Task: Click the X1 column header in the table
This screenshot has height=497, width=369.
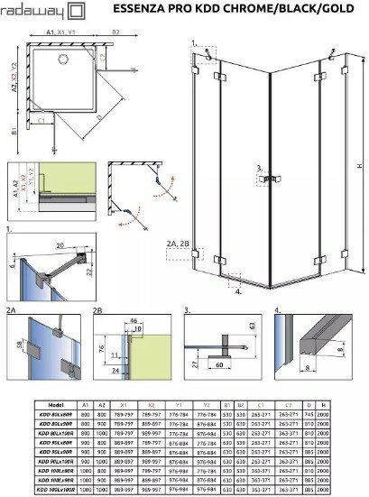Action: click(124, 405)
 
